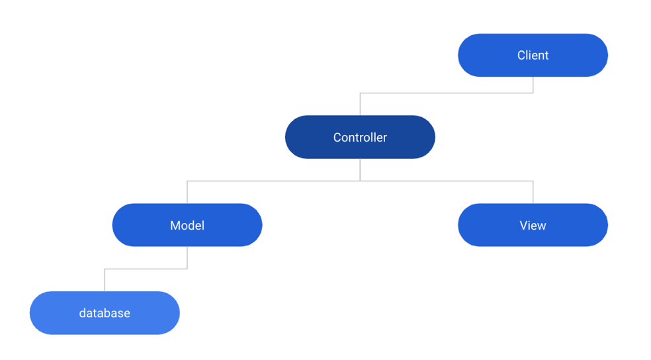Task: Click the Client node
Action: coord(533,56)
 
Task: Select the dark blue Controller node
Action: coord(360,137)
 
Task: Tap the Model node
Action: coord(187,225)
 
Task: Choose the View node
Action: coord(533,225)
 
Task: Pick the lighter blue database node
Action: coord(105,313)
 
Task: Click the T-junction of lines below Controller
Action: coord(360,181)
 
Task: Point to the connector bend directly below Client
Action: coord(533,93)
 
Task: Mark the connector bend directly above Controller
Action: coord(360,93)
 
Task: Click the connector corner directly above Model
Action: coord(187,181)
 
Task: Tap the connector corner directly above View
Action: coord(533,181)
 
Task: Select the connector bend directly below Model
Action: coord(187,269)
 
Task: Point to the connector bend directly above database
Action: coord(105,269)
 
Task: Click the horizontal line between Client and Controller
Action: coord(447,93)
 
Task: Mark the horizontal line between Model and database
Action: coord(146,269)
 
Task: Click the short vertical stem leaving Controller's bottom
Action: coord(360,169)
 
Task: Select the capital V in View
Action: coord(523,225)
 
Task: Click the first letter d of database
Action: coord(83,313)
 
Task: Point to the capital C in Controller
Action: coord(337,138)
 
